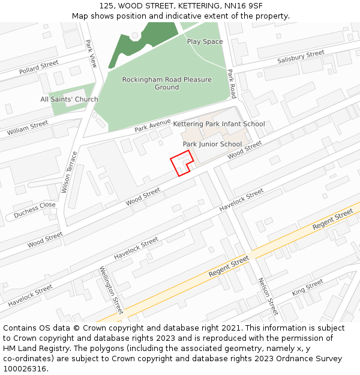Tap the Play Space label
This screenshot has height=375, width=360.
pos(205,41)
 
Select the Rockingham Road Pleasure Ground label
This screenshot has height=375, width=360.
pos(167,83)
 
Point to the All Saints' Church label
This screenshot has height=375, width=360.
pos(69,99)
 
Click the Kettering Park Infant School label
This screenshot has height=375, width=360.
pos(218,124)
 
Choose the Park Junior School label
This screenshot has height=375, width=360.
pos(212,144)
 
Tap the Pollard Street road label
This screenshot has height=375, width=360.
pos(38,67)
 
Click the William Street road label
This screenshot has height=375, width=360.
pos(28,128)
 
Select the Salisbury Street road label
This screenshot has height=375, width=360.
pos(301,58)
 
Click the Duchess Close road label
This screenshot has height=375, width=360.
pos(34,209)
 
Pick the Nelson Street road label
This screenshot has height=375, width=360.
pos(268,296)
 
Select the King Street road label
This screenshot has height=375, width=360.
pos(307,287)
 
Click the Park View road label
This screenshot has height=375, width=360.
pos(91,53)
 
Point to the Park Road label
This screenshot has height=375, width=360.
pos(232,84)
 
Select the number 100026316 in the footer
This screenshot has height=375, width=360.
pos(24,368)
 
